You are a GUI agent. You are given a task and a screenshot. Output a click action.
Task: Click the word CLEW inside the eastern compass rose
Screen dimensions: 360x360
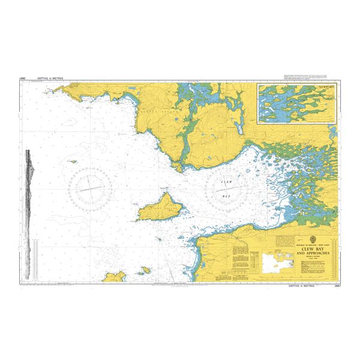click(226, 182)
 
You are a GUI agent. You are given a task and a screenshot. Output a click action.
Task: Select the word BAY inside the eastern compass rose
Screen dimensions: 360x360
click(226, 196)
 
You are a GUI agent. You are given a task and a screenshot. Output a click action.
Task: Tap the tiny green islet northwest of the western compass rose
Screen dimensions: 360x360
click(74, 161)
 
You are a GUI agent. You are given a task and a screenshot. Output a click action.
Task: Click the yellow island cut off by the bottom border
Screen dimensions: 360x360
click(114, 277)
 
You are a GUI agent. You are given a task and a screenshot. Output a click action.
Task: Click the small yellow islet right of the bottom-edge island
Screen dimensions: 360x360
click(135, 278)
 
